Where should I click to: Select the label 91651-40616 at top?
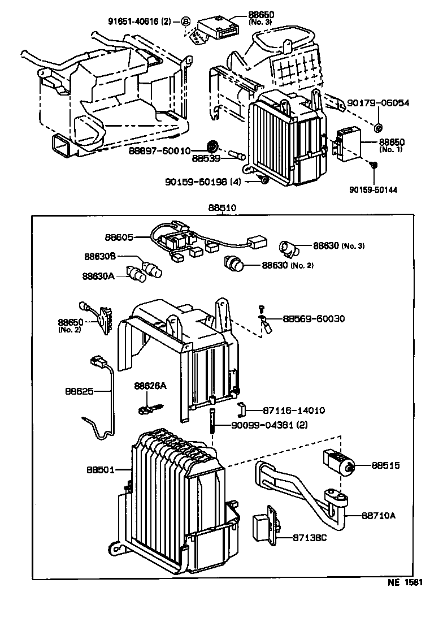[137, 21]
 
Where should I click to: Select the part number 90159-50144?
[373, 190]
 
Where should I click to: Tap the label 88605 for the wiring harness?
[119, 237]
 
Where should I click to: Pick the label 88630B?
[100, 256]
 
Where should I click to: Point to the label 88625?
[78, 391]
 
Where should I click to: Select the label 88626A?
[150, 386]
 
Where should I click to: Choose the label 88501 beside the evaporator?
[101, 469]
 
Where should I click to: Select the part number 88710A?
[379, 515]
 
